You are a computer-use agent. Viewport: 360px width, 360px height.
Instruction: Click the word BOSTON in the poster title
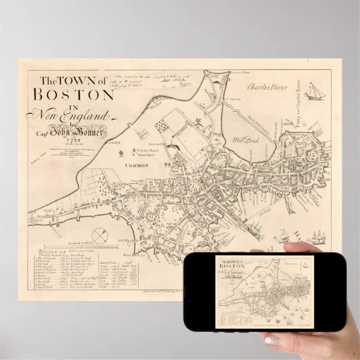73,93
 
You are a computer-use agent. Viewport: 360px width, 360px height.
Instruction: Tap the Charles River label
268,88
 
